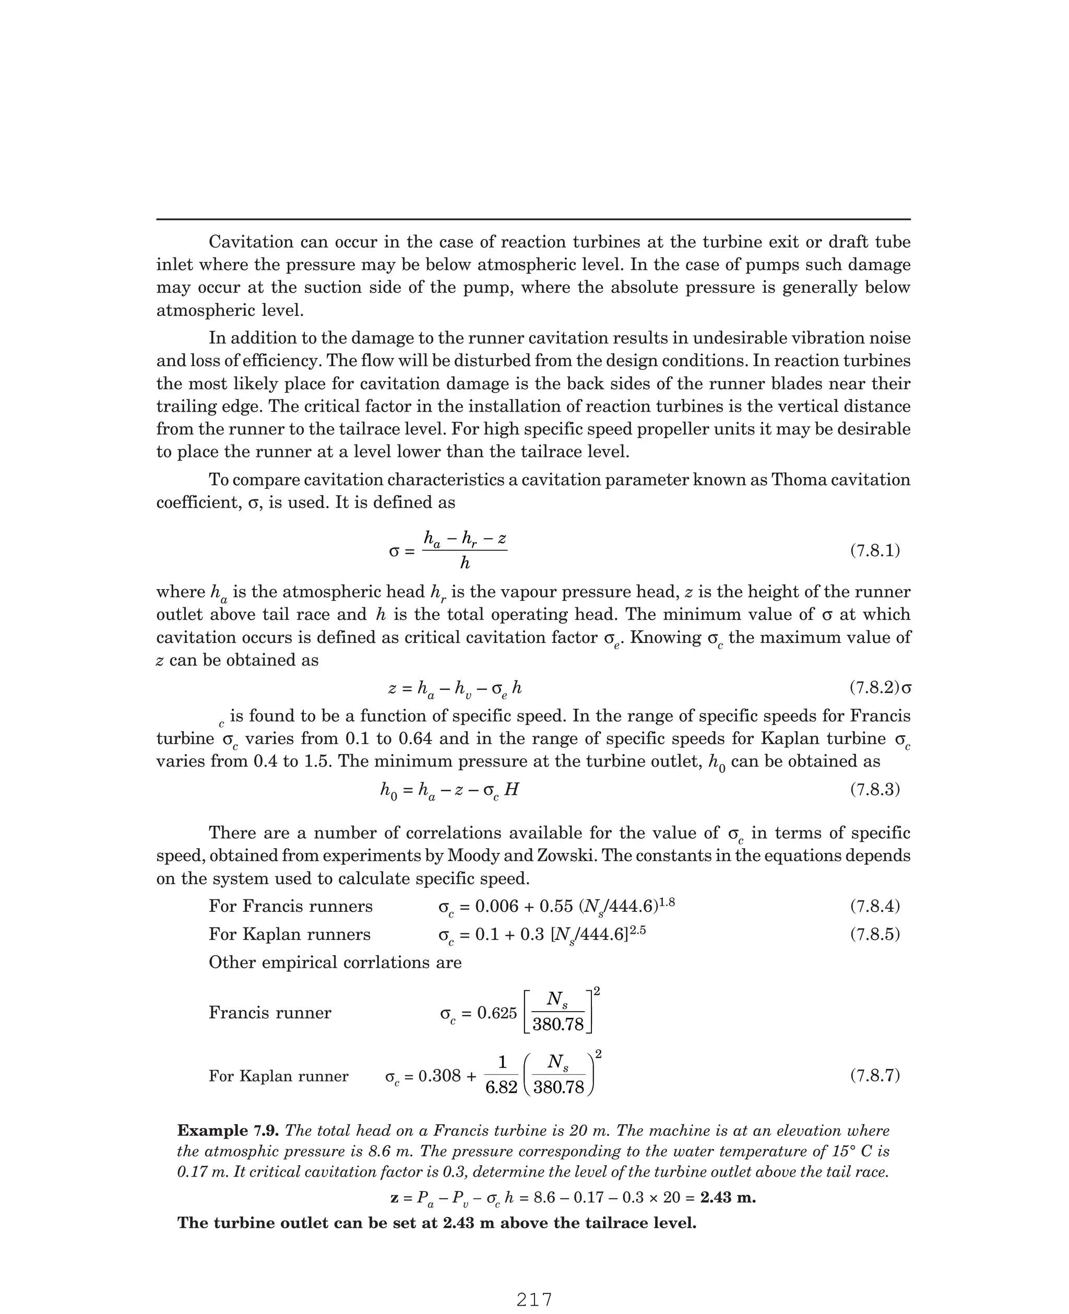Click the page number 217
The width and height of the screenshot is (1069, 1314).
[534, 1299]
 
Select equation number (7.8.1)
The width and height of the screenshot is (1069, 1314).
[875, 551]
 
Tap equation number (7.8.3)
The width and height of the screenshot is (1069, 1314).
[875, 789]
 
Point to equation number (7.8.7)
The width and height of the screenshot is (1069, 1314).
[875, 1076]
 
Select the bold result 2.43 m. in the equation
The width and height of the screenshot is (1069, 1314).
[728, 1198]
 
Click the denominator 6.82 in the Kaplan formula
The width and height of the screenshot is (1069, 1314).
[501, 1087]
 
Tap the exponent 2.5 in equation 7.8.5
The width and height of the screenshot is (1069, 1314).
[637, 930]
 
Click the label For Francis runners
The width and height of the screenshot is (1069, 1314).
[291, 906]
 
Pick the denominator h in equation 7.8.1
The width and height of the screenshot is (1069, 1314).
[465, 563]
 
